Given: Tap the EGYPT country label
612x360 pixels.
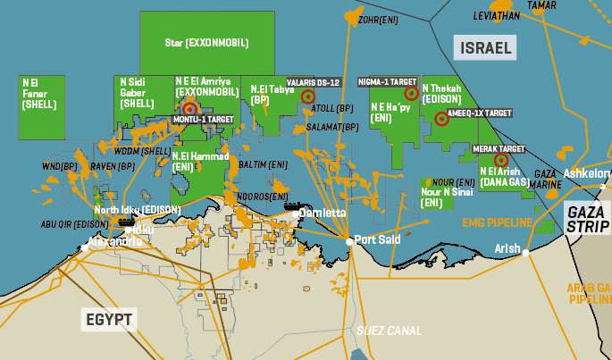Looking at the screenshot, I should (x=108, y=319).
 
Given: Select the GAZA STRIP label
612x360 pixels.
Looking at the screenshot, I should (x=587, y=217).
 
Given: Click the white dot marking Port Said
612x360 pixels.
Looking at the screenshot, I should (x=348, y=240).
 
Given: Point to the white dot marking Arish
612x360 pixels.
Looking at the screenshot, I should (x=526, y=253).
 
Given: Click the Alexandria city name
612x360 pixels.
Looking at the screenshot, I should (x=114, y=241).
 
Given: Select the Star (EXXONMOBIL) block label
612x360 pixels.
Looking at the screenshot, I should (x=206, y=42).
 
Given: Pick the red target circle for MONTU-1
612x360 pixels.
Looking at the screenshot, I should (x=189, y=108).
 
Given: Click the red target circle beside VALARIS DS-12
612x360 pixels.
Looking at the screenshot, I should (x=308, y=96).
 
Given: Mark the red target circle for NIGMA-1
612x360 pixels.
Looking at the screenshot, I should (x=411, y=93).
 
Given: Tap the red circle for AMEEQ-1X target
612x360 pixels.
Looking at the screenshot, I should (x=440, y=119).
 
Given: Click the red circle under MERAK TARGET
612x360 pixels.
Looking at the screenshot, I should (x=500, y=160).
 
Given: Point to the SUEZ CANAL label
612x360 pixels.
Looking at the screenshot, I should (x=389, y=330).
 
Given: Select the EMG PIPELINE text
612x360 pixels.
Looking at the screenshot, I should (x=497, y=222).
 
